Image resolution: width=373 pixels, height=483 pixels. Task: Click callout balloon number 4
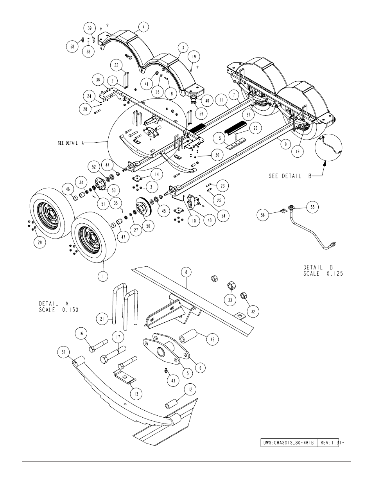[143, 27]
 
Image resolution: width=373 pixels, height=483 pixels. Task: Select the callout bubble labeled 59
[201, 113]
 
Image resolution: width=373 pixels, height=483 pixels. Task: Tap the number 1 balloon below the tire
[103, 277]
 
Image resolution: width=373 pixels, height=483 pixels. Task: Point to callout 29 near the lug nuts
[39, 242]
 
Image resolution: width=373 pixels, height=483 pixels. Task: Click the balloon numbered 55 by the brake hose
[312, 207]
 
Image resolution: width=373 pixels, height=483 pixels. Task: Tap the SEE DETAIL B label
[290, 176]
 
